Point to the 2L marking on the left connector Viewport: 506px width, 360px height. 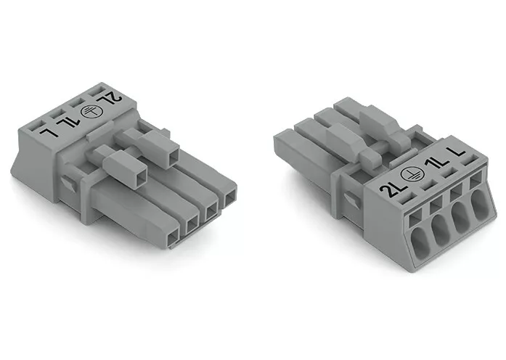[112, 99]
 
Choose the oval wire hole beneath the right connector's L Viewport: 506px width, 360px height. [479, 204]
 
